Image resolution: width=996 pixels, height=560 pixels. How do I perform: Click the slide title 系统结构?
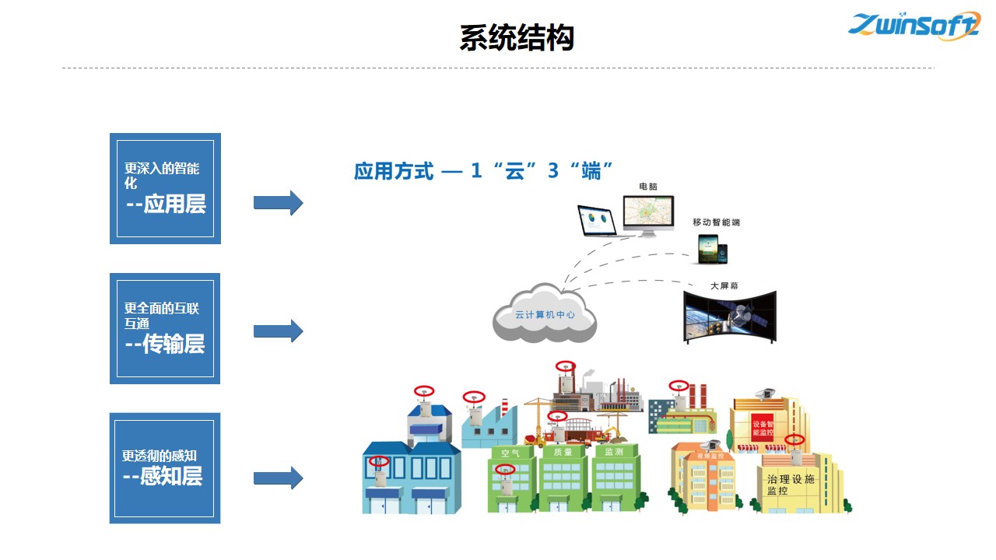click(516, 37)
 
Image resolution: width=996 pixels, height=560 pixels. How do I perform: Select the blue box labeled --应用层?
click(165, 188)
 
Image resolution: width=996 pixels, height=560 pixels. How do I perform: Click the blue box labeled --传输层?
click(165, 328)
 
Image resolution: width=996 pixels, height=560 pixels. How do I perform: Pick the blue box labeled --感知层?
click(164, 467)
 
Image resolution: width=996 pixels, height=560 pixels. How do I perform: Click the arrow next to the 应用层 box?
click(278, 203)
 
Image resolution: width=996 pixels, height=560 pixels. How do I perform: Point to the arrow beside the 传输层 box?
click(278, 331)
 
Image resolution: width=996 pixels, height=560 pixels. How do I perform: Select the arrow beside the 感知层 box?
click(278, 478)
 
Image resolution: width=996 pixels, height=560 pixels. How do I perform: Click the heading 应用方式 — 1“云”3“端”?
click(484, 171)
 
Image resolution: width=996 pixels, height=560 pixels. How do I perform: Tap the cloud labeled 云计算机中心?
click(545, 315)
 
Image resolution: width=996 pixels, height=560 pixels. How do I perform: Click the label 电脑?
click(648, 187)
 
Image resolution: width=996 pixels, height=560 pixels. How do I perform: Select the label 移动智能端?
click(716, 222)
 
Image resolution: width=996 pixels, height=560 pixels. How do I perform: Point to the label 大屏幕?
click(724, 285)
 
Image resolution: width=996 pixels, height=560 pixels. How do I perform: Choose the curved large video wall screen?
click(729, 316)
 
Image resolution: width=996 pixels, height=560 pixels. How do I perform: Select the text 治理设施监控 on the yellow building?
click(790, 485)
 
